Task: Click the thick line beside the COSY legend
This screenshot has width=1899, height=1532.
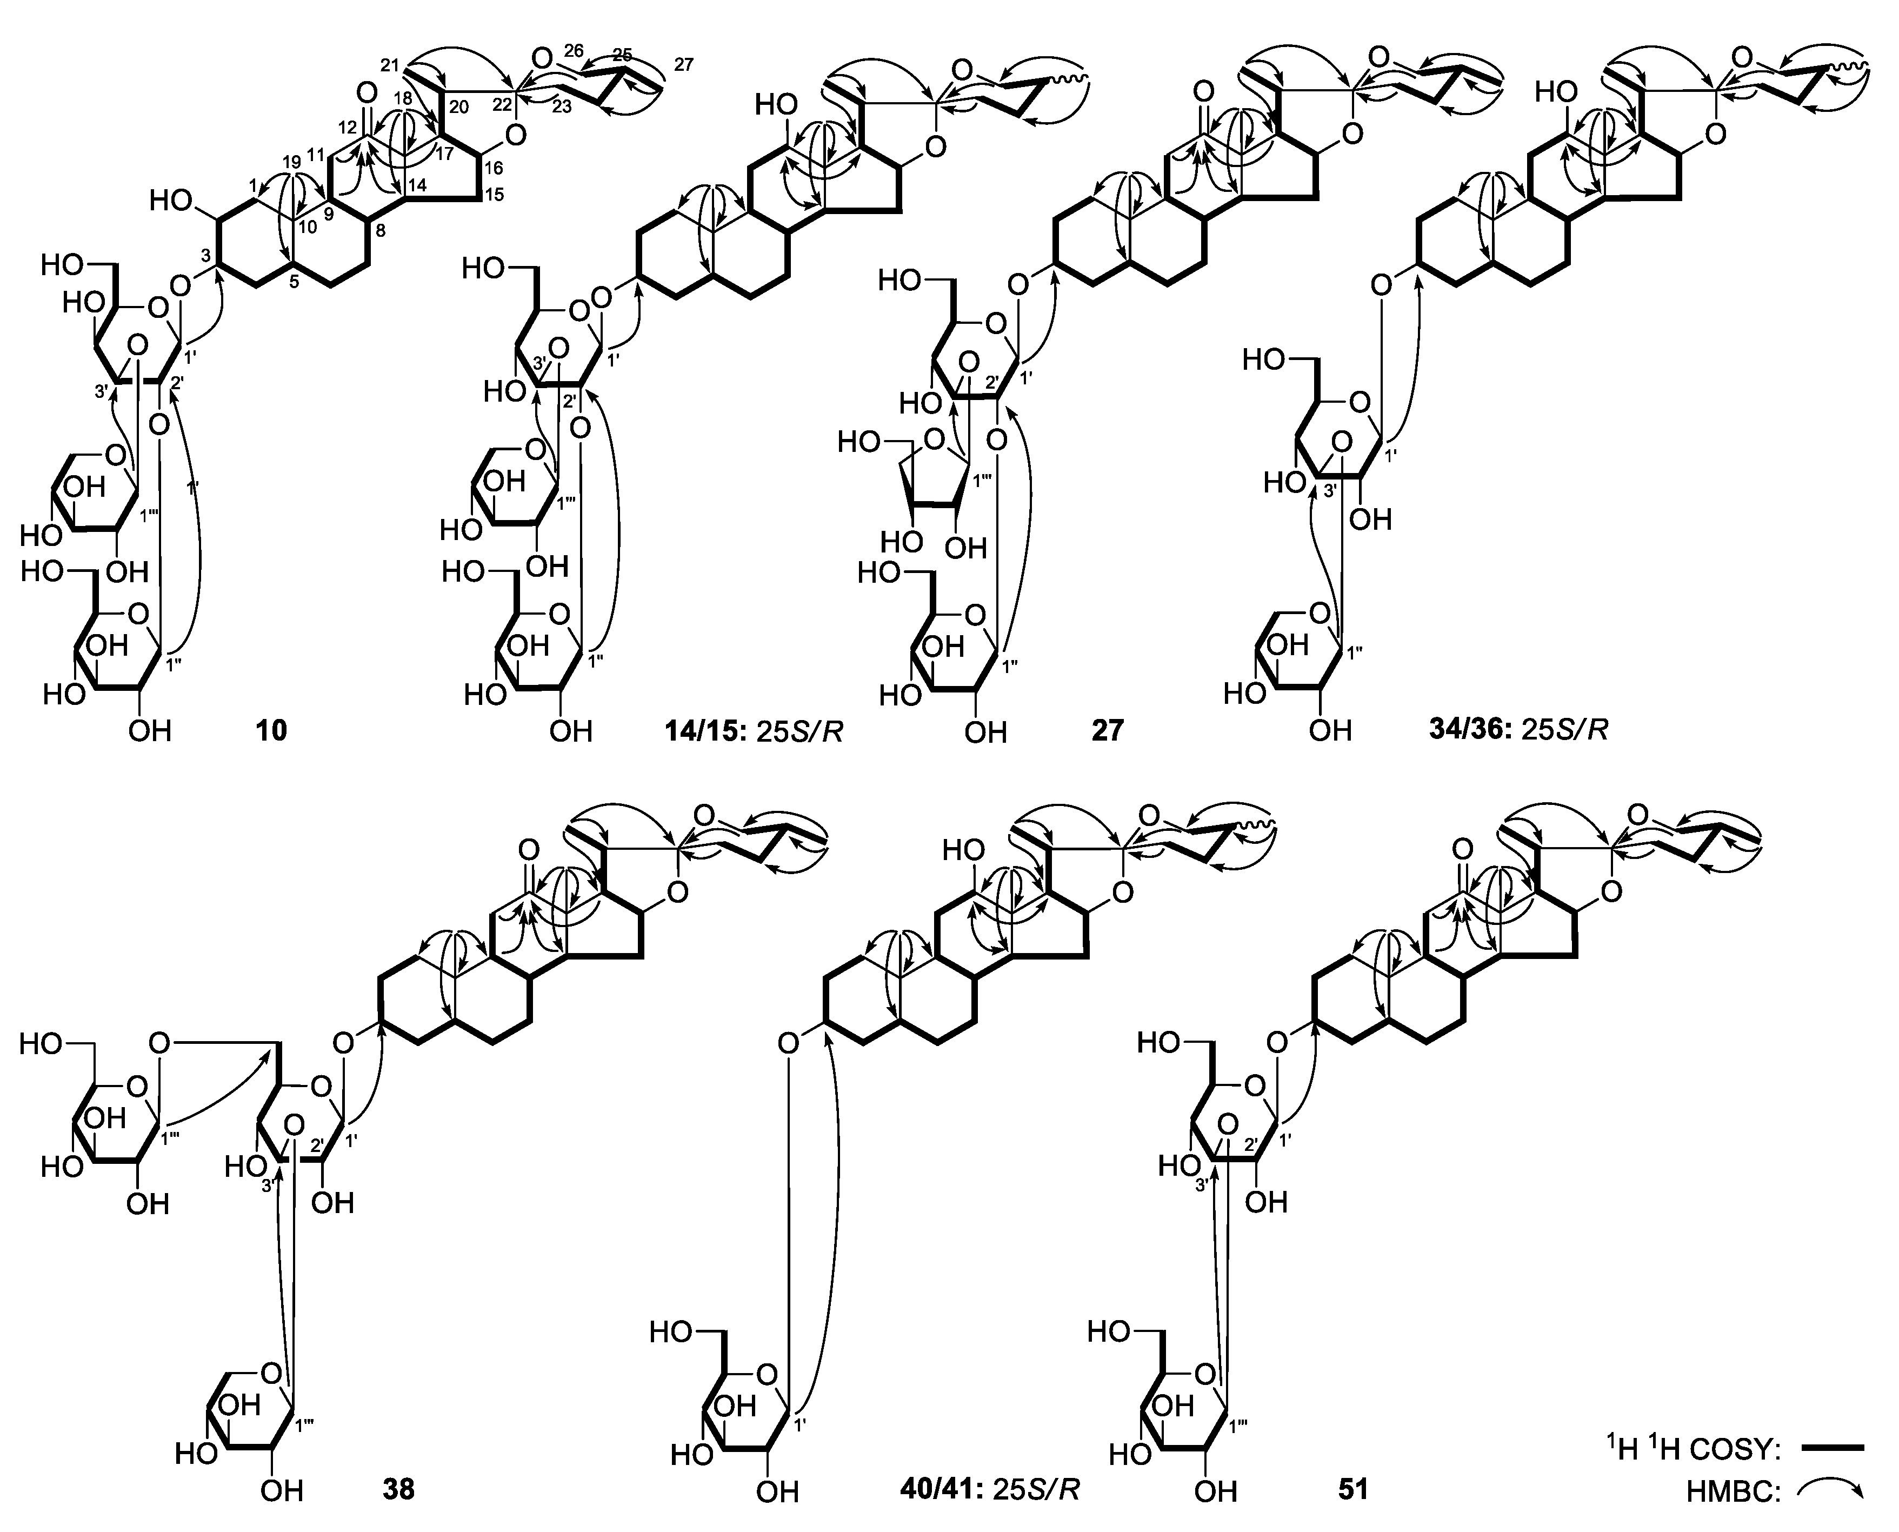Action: tap(1832, 1447)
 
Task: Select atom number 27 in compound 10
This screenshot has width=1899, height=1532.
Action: tap(683, 64)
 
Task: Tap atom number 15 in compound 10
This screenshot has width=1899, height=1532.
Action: tap(494, 194)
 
